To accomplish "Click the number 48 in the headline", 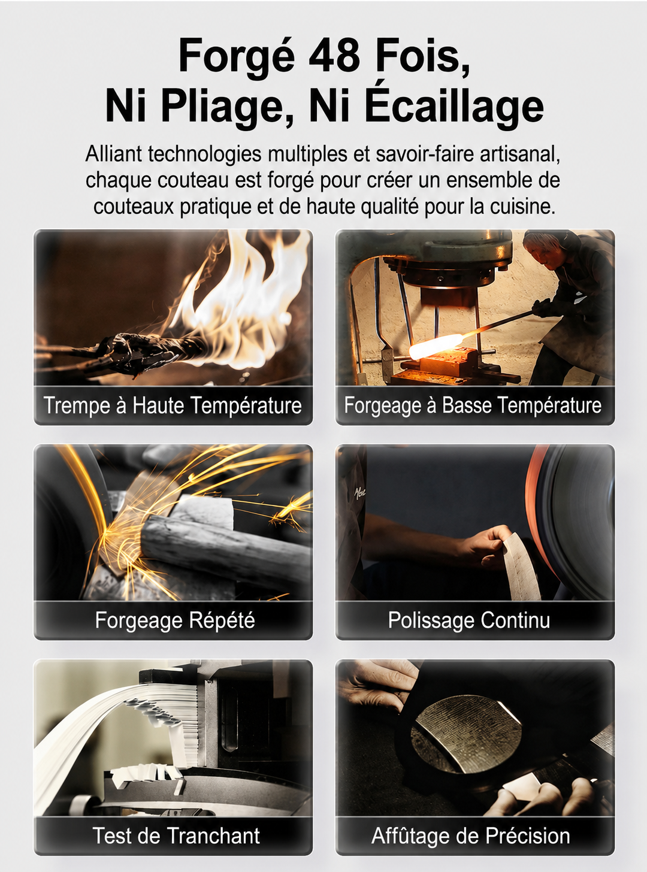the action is coord(334,55).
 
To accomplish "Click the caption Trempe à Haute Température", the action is coord(173,405).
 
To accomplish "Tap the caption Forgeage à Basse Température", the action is coord(473,405).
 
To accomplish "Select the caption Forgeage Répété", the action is coord(175,620).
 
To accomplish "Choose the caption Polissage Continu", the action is coord(469,620).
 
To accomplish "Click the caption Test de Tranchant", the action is coord(176,835).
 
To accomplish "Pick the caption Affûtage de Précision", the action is coord(470,835).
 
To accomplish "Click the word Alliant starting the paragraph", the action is coord(114,153).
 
